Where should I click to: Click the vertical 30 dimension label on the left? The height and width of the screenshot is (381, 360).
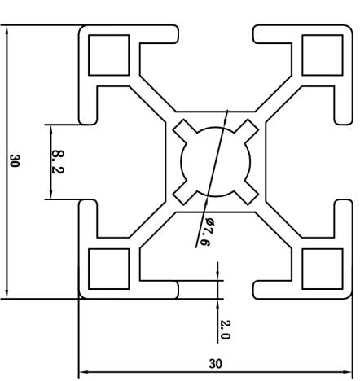(x=15, y=160)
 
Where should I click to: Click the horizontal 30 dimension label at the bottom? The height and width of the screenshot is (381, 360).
(x=215, y=364)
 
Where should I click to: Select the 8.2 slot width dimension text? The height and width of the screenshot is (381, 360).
(x=58, y=162)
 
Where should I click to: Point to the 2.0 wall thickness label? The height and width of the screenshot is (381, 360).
(x=225, y=330)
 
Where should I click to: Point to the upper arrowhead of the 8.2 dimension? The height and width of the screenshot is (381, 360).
(x=50, y=129)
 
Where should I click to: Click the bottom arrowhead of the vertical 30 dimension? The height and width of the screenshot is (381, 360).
(x=7, y=294)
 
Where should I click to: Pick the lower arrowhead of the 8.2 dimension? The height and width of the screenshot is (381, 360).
(x=50, y=195)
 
